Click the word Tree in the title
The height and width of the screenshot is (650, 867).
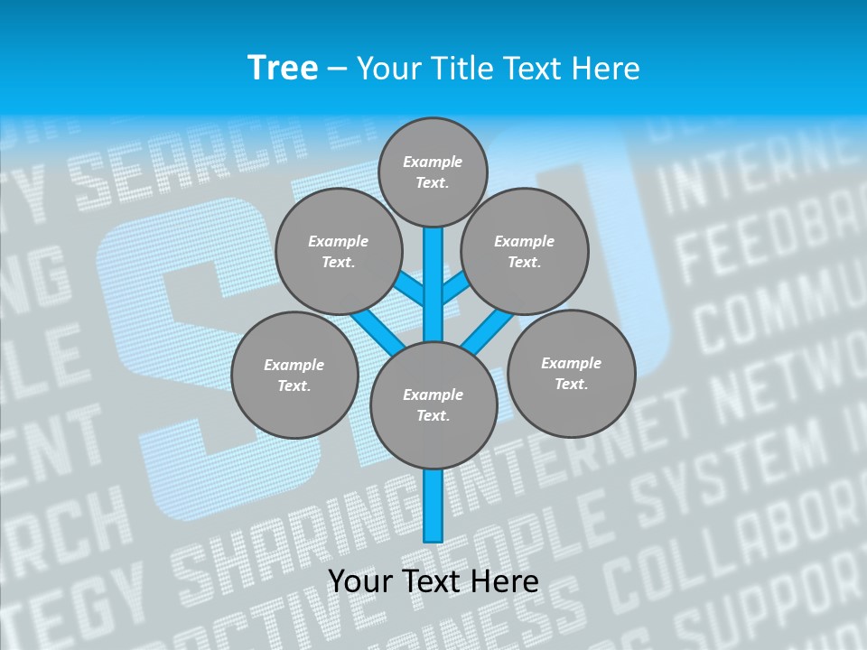(x=283, y=69)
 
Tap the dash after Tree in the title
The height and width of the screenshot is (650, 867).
(x=337, y=70)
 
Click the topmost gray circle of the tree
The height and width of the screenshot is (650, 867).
(x=433, y=172)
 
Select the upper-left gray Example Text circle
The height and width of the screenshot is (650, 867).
(x=338, y=251)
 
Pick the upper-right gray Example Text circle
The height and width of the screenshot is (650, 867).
(x=525, y=251)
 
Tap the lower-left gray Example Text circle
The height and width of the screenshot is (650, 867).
(x=294, y=375)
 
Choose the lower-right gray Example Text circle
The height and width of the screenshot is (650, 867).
(x=571, y=373)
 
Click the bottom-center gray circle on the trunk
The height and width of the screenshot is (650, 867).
(x=433, y=404)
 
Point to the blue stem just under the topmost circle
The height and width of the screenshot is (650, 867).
(x=433, y=271)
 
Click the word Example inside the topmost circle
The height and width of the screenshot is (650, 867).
(x=433, y=162)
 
